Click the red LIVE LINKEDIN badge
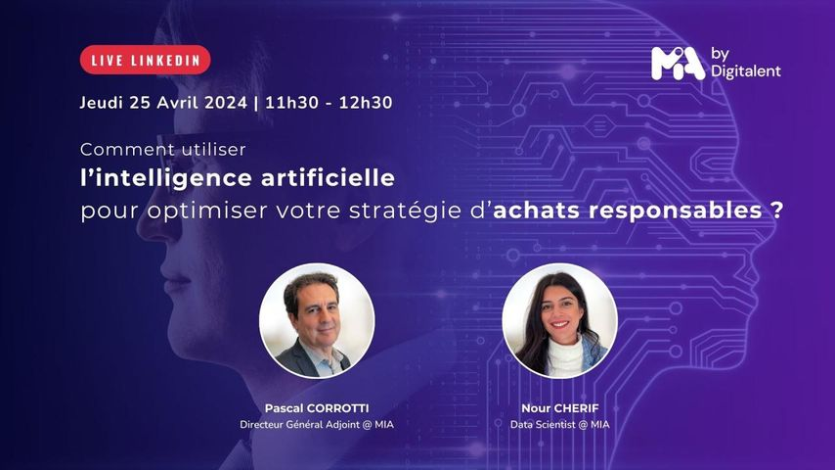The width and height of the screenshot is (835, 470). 146,60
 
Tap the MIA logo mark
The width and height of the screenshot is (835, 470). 678,64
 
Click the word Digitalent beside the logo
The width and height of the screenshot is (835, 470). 745,70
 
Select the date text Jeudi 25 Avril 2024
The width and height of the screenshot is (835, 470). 163,103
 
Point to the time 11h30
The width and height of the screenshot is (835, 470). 291,103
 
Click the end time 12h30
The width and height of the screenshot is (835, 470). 366,103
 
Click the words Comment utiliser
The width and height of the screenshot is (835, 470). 163,150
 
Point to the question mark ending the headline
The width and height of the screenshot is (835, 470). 777,210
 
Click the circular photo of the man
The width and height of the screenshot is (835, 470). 317,320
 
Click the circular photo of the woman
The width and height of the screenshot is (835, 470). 559,320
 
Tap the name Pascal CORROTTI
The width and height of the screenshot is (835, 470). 317,408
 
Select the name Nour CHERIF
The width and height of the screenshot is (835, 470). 559,408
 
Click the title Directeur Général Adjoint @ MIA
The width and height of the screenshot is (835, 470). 317,425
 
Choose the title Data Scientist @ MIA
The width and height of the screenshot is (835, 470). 559,425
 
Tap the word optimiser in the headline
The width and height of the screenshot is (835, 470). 207,211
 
